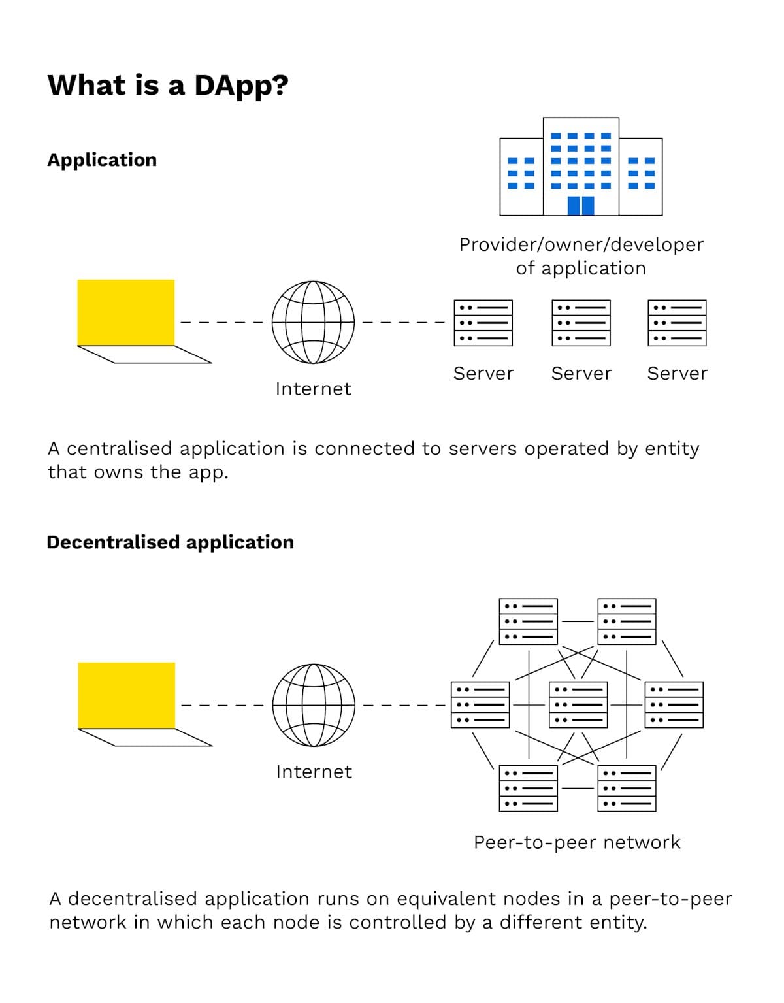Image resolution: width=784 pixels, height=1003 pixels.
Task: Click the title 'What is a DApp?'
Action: pyautogui.click(x=168, y=86)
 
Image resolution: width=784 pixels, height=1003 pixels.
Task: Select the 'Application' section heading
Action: pyautogui.click(x=102, y=160)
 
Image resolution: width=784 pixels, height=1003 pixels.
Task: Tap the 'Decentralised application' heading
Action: pyautogui.click(x=170, y=542)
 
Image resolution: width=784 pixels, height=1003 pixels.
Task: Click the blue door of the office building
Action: pyautogui.click(x=580, y=205)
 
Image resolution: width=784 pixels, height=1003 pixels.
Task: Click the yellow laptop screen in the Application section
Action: pyautogui.click(x=126, y=312)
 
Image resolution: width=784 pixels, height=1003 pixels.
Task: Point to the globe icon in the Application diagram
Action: pyautogui.click(x=313, y=322)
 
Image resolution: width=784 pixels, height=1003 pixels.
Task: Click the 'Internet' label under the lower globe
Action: pyautogui.click(x=314, y=772)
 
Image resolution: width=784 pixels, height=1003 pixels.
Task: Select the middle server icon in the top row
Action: pyautogui.click(x=581, y=323)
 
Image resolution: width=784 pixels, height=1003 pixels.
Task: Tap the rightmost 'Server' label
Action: pyautogui.click(x=677, y=374)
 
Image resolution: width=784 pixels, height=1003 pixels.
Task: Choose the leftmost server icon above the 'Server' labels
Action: pyautogui.click(x=483, y=323)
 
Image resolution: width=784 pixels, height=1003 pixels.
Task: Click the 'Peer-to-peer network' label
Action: pyautogui.click(x=577, y=842)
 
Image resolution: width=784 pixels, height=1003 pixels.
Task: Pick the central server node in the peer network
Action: pyautogui.click(x=578, y=704)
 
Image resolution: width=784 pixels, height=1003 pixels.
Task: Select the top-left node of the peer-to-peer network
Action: pyautogui.click(x=528, y=621)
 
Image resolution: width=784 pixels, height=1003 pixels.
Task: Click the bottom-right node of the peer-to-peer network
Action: pyautogui.click(x=627, y=788)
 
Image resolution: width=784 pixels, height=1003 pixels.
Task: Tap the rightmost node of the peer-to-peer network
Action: pyautogui.click(x=674, y=704)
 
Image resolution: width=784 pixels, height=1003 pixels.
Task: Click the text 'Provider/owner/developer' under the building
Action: pyautogui.click(x=581, y=244)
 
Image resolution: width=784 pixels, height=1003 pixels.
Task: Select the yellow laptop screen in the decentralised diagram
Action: pyautogui.click(x=127, y=695)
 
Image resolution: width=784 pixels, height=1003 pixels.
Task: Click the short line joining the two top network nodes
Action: pyautogui.click(x=578, y=621)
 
